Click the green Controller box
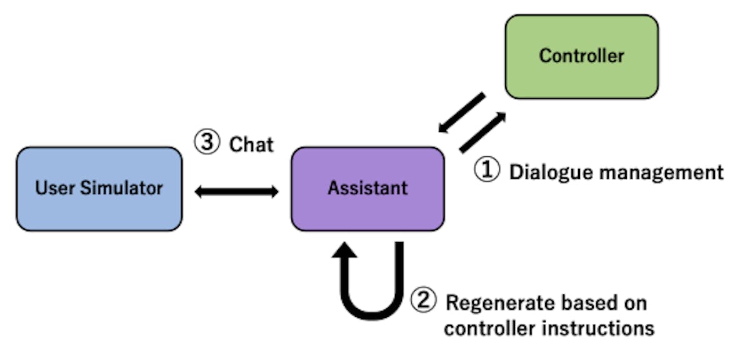[581, 56]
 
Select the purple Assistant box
[367, 188]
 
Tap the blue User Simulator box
[99, 188]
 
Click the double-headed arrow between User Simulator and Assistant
[236, 192]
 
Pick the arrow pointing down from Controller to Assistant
[461, 113]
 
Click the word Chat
[251, 144]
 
